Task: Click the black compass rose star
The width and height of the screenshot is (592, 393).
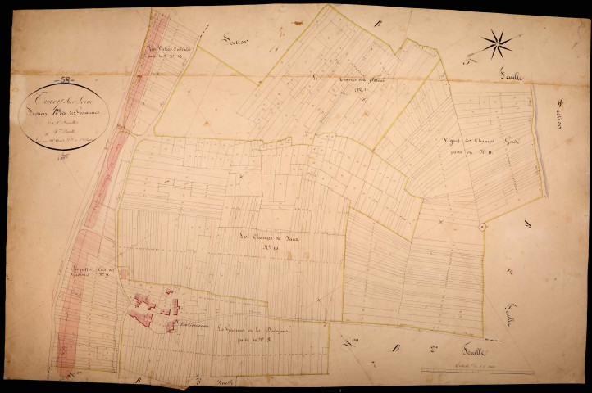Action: point(497,43)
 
